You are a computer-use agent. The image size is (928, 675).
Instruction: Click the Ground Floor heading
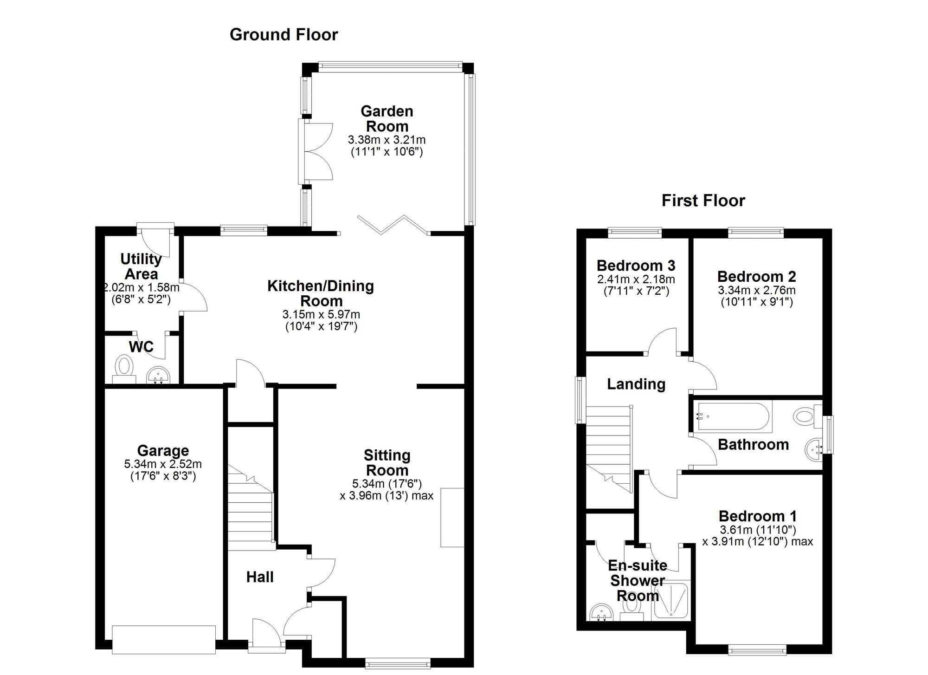(x=284, y=35)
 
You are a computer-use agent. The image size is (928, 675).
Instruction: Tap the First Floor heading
(x=703, y=201)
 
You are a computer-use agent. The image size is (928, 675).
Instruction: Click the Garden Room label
(x=387, y=119)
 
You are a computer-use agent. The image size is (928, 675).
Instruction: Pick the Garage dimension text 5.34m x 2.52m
(x=163, y=464)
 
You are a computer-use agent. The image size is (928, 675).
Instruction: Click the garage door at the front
(x=164, y=639)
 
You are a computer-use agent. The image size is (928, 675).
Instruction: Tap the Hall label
(x=259, y=577)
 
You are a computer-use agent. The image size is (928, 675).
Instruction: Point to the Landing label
(x=636, y=384)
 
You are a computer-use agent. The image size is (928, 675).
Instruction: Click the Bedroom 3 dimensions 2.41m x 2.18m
(x=636, y=279)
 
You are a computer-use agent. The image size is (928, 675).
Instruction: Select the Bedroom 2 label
(x=756, y=277)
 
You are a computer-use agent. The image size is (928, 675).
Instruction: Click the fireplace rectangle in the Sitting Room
(x=452, y=517)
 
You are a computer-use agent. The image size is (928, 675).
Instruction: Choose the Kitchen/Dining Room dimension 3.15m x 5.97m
(x=321, y=314)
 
